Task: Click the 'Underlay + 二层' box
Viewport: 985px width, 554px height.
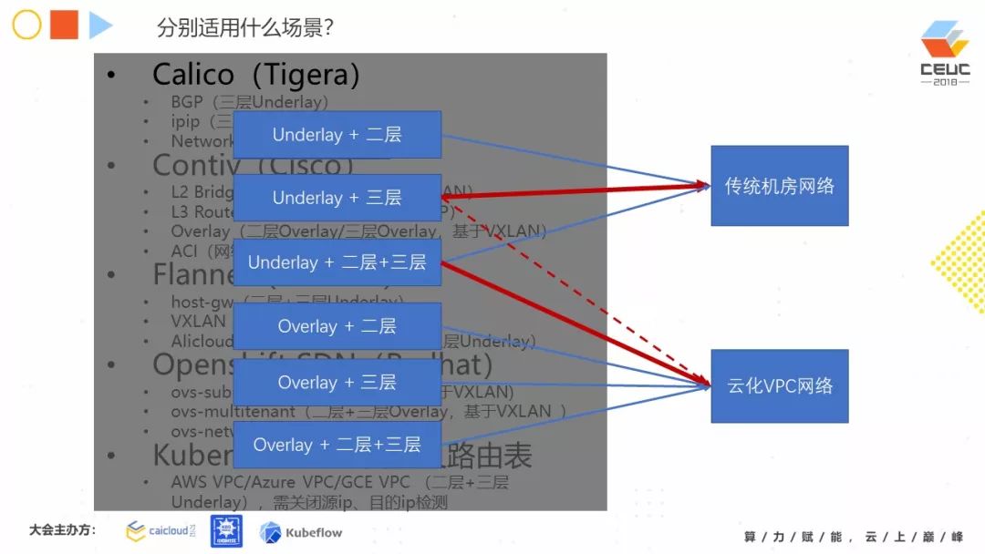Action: click(x=337, y=135)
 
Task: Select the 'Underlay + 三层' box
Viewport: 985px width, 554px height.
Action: click(x=337, y=198)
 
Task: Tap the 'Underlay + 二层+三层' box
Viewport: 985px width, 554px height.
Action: click(x=337, y=262)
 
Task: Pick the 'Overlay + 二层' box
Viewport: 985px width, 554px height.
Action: click(x=337, y=326)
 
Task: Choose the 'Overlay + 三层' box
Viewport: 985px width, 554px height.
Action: click(x=337, y=383)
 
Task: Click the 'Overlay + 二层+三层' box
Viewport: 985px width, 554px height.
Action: click(x=337, y=445)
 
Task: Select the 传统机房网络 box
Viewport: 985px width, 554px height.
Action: click(x=779, y=186)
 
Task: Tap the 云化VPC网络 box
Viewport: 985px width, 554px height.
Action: click(x=779, y=385)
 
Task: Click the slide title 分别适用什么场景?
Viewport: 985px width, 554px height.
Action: click(x=244, y=27)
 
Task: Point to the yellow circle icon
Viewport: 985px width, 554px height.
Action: click(x=26, y=26)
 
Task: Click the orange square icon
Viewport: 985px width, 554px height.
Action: click(x=64, y=26)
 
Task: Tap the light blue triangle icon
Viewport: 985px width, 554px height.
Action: click(x=100, y=26)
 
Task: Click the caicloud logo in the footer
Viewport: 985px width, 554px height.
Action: click(x=161, y=531)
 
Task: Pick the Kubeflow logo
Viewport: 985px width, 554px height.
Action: click(x=301, y=532)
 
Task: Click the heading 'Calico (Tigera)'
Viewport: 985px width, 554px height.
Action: click(x=255, y=74)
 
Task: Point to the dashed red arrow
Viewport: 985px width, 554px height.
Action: click(x=584, y=292)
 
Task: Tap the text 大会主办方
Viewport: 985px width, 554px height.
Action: click(x=62, y=530)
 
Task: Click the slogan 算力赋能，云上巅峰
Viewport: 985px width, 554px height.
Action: click(x=853, y=537)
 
